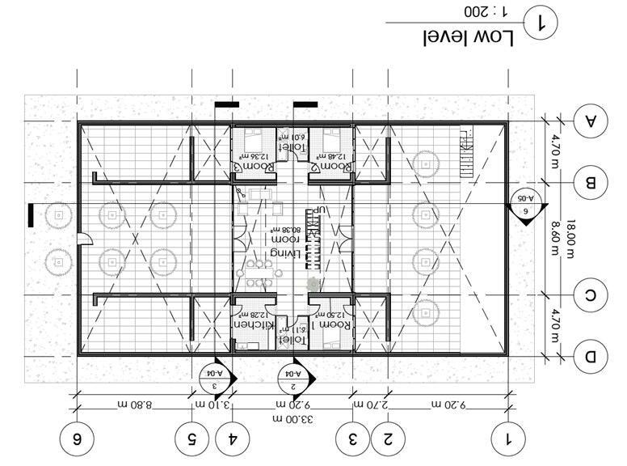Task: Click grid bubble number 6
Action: (77, 439)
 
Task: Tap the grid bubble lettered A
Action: (591, 121)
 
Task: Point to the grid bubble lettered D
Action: (591, 354)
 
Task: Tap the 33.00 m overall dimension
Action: (292, 418)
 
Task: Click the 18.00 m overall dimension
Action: (571, 237)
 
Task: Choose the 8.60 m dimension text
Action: (556, 237)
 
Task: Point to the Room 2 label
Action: (332, 166)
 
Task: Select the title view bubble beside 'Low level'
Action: (541, 23)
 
